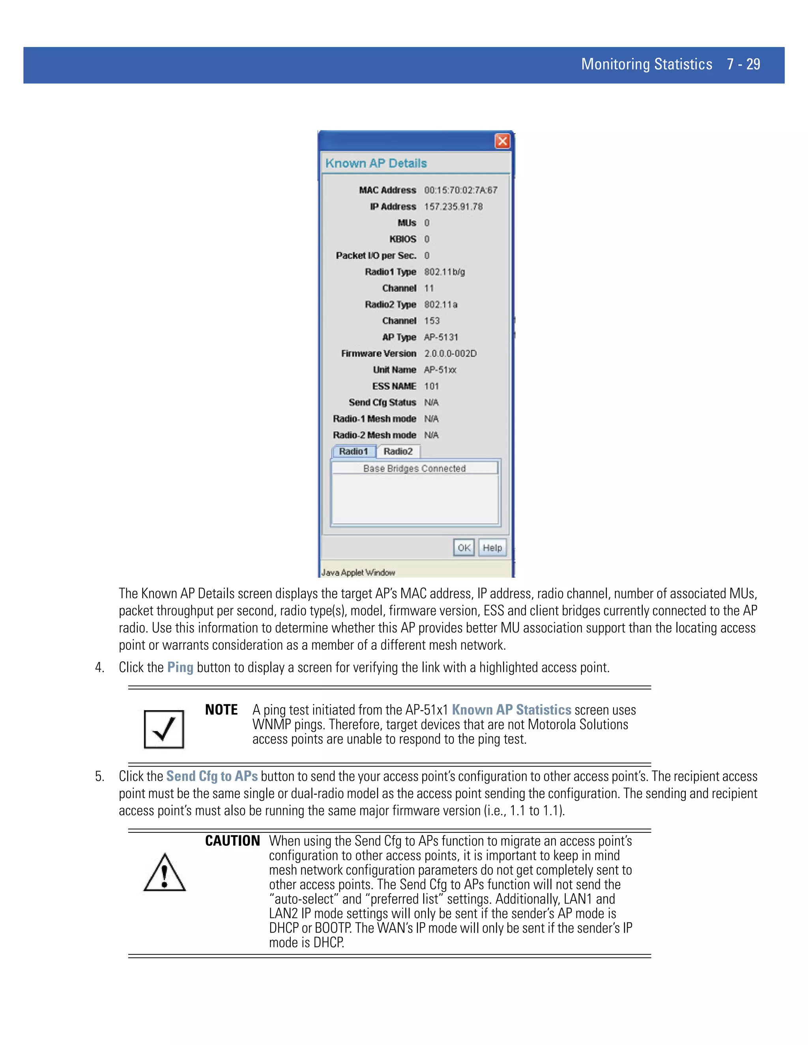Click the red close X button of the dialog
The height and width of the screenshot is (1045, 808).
coord(502,141)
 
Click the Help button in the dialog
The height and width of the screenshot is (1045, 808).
coord(492,548)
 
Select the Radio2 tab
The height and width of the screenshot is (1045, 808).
coord(398,451)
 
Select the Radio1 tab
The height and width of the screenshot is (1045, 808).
coord(354,451)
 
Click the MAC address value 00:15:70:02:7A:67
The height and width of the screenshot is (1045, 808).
coord(460,190)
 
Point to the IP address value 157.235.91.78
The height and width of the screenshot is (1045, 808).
coord(453,207)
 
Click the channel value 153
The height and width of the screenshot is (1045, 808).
coord(432,321)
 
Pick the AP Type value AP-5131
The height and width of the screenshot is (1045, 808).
coord(441,337)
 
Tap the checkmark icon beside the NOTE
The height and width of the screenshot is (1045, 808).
coord(164,729)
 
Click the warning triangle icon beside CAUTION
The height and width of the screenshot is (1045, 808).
coord(164,873)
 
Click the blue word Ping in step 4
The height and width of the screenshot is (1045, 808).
coord(180,668)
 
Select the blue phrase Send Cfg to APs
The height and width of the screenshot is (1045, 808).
coord(211,776)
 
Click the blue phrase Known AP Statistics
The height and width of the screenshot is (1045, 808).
coord(511,709)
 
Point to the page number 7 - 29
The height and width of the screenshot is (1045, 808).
coord(743,64)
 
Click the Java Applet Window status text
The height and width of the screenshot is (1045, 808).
coord(358,572)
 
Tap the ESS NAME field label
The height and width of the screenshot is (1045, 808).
coord(394,386)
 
